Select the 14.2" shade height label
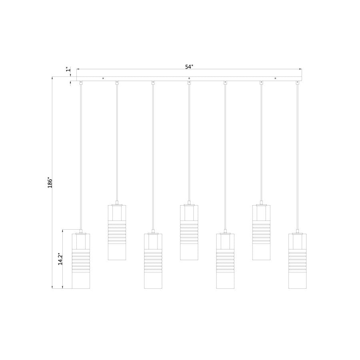pos(60,259)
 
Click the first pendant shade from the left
pos(81,261)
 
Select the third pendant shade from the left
pos(153,261)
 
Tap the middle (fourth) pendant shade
pos(189,232)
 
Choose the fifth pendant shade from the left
pos(225,261)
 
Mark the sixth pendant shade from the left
pos(261,232)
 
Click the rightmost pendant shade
pos(297,261)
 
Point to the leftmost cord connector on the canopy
pos(81,82)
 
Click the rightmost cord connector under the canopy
pos(297,82)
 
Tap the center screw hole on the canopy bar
pos(189,78)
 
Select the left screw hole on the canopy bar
pos(103,78)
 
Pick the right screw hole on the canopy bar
pos(275,78)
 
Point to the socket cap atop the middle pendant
pos(189,204)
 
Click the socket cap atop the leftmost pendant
pos(81,232)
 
